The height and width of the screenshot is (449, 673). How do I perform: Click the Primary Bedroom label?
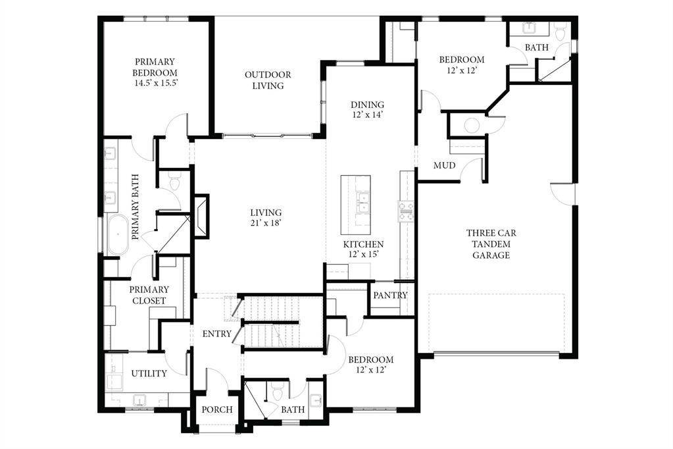pyautogui.click(x=155, y=72)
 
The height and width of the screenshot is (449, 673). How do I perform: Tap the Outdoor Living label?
pyautogui.click(x=268, y=80)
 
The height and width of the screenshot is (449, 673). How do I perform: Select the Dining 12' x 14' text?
pyautogui.click(x=367, y=109)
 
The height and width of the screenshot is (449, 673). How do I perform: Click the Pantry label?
pyautogui.click(x=390, y=295)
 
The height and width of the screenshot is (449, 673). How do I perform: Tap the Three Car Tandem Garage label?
pyautogui.click(x=491, y=244)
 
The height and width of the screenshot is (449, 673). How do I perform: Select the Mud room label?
pyautogui.click(x=444, y=165)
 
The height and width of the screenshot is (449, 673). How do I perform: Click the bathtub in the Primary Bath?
pyautogui.click(x=119, y=233)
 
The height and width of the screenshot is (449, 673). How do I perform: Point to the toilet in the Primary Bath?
pyautogui.click(x=174, y=181)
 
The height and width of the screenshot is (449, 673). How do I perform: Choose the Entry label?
pyautogui.click(x=216, y=334)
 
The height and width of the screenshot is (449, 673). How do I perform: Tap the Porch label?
pyautogui.click(x=216, y=409)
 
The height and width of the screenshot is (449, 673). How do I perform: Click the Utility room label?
pyautogui.click(x=149, y=373)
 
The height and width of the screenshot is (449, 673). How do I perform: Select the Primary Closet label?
pyautogui.click(x=149, y=295)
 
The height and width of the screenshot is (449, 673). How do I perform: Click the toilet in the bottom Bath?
pyautogui.click(x=276, y=392)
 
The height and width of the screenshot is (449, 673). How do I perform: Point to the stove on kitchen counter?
pyautogui.click(x=405, y=209)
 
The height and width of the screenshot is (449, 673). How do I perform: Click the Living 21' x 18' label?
pyautogui.click(x=266, y=218)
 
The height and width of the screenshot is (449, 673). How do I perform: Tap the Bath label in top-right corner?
pyautogui.click(x=536, y=47)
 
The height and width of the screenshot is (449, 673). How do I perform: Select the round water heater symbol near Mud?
pyautogui.click(x=472, y=125)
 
